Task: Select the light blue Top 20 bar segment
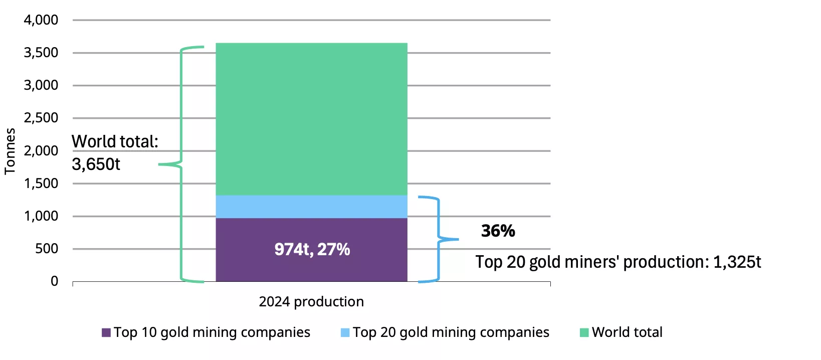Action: coord(311,207)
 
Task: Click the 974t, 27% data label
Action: coord(312,249)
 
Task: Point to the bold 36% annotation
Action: coord(498,231)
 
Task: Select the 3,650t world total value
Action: coord(96,164)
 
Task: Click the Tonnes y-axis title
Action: coord(10,151)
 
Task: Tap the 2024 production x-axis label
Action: coord(311,301)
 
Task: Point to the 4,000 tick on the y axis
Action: coord(41,20)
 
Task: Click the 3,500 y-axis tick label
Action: coord(41,53)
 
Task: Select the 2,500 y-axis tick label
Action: coord(41,118)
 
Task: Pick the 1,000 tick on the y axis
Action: coord(41,216)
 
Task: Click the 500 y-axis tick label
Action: coord(47,249)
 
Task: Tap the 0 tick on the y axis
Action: coord(54,281)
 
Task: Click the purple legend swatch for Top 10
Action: coord(106,332)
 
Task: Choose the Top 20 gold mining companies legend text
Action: coord(451,332)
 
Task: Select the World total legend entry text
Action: coord(627,332)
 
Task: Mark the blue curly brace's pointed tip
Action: coord(457,239)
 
